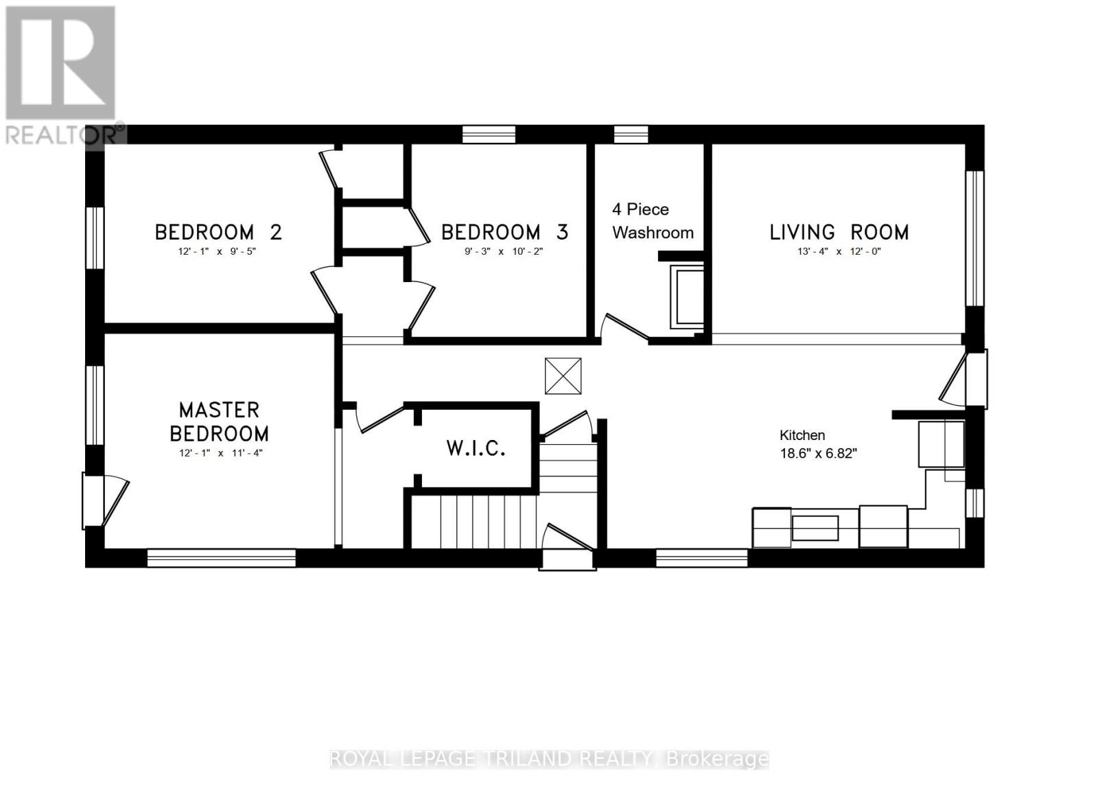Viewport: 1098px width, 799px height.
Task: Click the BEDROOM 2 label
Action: [218, 232]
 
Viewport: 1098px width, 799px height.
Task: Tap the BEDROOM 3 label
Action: [504, 232]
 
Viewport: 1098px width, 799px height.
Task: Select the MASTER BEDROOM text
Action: [219, 421]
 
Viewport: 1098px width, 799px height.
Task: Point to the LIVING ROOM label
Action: [839, 232]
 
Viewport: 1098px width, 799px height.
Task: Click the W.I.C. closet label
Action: [476, 448]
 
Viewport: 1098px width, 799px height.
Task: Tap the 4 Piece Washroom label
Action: [652, 220]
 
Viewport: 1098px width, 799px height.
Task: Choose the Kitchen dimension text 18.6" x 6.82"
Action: [818, 453]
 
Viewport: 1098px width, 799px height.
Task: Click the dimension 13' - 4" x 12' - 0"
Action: [839, 251]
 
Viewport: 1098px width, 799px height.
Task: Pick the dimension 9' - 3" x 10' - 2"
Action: [503, 251]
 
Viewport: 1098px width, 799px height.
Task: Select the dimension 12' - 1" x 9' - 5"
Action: [217, 251]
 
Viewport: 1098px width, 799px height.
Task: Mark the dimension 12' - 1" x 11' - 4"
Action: [219, 453]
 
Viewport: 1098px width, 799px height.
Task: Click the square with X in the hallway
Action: [563, 376]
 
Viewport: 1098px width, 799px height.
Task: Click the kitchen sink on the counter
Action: [815, 528]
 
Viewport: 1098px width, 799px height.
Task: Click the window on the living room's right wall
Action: [974, 238]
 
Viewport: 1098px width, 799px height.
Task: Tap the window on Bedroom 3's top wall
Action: [489, 134]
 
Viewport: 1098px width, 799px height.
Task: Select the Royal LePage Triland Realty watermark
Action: [549, 759]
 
